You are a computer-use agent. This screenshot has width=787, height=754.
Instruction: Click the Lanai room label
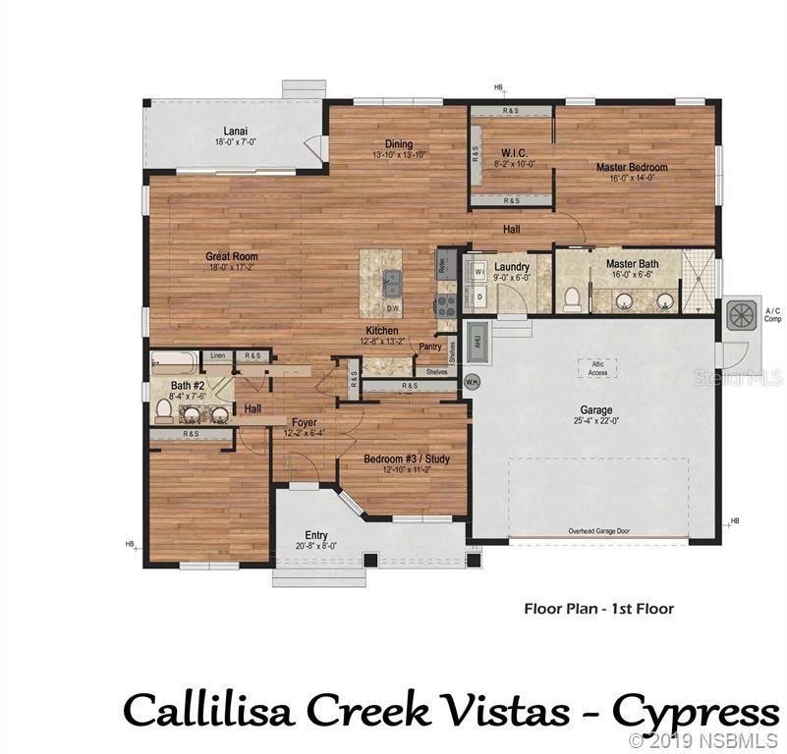(235, 131)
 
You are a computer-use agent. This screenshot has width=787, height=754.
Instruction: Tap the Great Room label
(232, 257)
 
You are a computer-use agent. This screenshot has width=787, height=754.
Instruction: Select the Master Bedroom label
(632, 168)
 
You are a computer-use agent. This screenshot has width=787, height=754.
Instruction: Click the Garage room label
(596, 410)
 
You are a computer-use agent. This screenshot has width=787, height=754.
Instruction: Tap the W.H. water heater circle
(472, 381)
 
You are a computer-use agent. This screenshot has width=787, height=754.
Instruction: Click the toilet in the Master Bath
(573, 297)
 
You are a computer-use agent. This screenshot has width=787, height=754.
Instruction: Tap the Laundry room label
(513, 267)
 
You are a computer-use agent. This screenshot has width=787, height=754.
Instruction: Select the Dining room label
(398, 143)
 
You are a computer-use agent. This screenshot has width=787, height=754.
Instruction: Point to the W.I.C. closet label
(514, 152)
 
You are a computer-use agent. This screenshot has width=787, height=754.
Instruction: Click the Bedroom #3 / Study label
(400, 459)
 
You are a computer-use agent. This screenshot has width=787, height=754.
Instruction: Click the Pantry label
(429, 346)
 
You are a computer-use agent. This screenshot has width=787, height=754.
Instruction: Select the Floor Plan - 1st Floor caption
(598, 609)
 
